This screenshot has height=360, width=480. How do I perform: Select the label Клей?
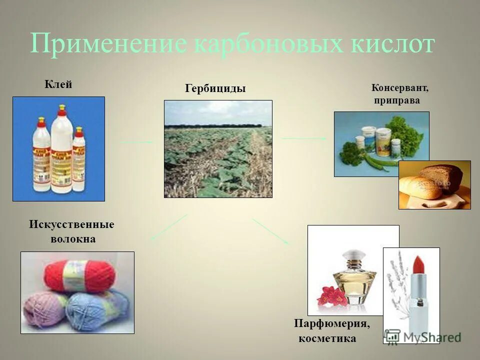(x=58, y=84)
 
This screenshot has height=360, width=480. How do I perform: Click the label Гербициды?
(x=215, y=89)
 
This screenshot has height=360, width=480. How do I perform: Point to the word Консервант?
(x=399, y=88)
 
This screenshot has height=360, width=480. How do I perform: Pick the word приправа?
(x=397, y=100)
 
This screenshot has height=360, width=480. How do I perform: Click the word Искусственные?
(x=71, y=224)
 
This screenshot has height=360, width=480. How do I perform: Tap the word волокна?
(x=73, y=239)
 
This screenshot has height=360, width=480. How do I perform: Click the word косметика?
(x=327, y=339)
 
